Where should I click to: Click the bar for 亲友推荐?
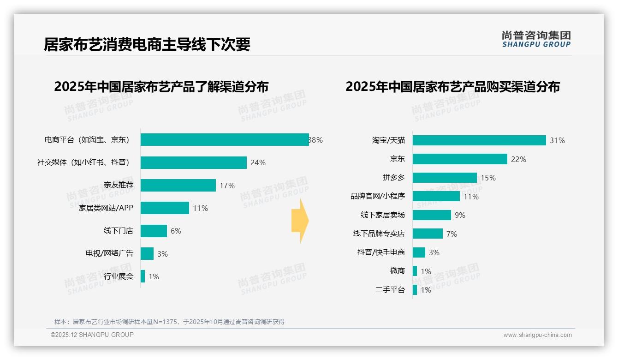pos(178,185)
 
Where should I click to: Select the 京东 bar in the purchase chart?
pos(460,159)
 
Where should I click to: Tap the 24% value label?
pos(258,162)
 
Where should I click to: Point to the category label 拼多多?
pos(394,178)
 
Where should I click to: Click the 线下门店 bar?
pos(154,231)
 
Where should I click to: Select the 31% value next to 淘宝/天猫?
pos(557,140)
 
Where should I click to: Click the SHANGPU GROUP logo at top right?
pos(536,39)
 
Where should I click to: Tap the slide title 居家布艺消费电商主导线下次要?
pos(147,45)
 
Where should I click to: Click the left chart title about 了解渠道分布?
pos(161,87)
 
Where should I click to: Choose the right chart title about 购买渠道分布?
pos(452,87)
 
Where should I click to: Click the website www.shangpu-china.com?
pos(537,335)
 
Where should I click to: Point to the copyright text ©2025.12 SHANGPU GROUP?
pos(92,335)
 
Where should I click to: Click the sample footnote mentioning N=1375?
pos(169,322)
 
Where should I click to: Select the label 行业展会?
pos(119,276)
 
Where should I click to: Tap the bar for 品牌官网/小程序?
pos(436,196)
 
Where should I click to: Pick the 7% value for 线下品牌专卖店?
pos(452,234)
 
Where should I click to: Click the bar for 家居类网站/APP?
pos(165,208)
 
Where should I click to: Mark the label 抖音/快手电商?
pos(381,252)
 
